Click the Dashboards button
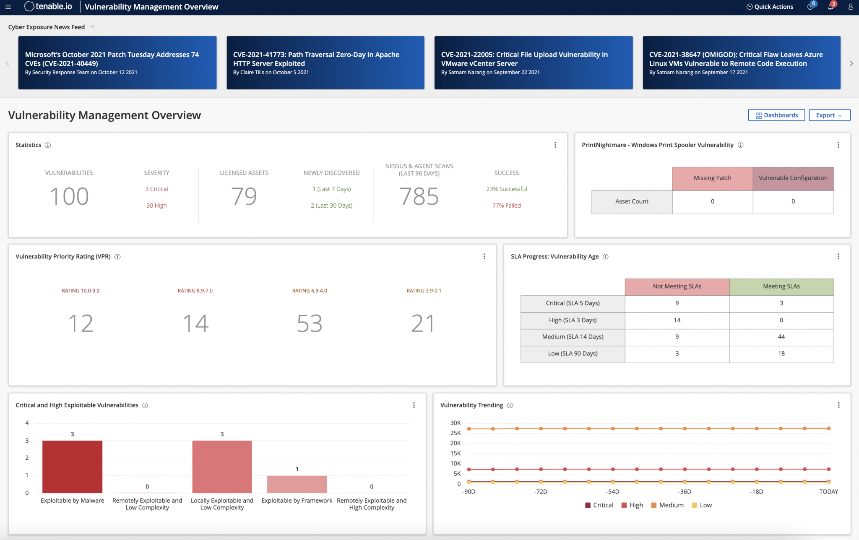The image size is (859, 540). pyautogui.click(x=776, y=115)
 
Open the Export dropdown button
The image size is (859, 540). pyautogui.click(x=829, y=115)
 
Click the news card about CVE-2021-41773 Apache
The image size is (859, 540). pyautogui.click(x=325, y=63)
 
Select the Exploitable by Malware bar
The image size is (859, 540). pyautogui.click(x=72, y=467)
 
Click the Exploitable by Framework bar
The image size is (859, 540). pyautogui.click(x=297, y=484)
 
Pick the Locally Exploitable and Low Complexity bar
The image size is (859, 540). pyautogui.click(x=222, y=467)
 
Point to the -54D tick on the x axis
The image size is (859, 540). pyautogui.click(x=613, y=492)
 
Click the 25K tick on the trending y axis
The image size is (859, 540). pyautogui.click(x=456, y=433)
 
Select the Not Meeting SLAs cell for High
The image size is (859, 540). pyautogui.click(x=677, y=320)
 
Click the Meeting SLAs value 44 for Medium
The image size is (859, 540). pyautogui.click(x=781, y=337)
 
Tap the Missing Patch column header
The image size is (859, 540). pyautogui.click(x=712, y=178)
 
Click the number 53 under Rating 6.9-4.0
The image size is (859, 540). pyautogui.click(x=310, y=323)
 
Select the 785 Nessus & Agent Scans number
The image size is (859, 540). pyautogui.click(x=419, y=196)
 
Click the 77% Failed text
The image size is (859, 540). pyautogui.click(x=506, y=206)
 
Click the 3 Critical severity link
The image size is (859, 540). pyautogui.click(x=156, y=189)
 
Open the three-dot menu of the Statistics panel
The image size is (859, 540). pyautogui.click(x=555, y=145)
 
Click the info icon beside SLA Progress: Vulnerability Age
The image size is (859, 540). pyautogui.click(x=606, y=257)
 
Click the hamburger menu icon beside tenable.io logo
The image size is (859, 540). pyautogui.click(x=8, y=7)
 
